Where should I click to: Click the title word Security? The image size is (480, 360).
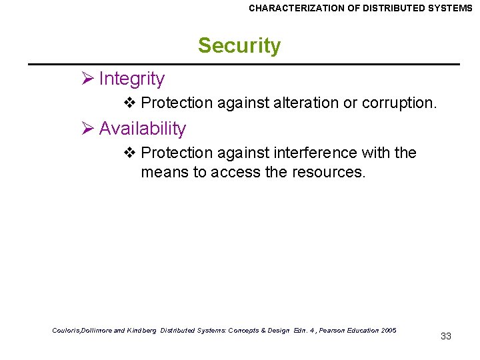[x=239, y=46]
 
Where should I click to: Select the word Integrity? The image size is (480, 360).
[x=131, y=79]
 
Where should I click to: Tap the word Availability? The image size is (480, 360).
[x=142, y=129]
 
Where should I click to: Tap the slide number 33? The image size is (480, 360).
[x=446, y=336]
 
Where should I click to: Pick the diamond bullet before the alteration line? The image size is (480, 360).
[x=130, y=103]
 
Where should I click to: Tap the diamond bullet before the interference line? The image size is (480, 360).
[x=130, y=153]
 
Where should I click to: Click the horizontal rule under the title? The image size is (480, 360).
[x=243, y=64]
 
